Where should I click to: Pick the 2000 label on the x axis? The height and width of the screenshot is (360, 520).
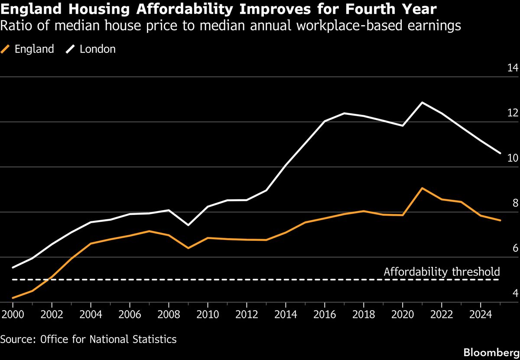pyautogui.click(x=13, y=314)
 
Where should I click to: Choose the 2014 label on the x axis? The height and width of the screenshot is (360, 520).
pyautogui.click(x=285, y=314)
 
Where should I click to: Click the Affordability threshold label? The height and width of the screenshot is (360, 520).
pyautogui.click(x=442, y=272)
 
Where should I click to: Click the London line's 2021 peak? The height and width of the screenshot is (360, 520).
pyautogui.click(x=422, y=103)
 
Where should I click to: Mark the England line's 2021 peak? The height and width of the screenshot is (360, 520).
pyautogui.click(x=422, y=188)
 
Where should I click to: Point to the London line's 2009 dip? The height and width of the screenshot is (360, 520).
pyautogui.click(x=188, y=225)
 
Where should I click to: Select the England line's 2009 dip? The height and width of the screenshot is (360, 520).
pyautogui.click(x=188, y=248)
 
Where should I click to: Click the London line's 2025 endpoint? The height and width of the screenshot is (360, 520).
pyautogui.click(x=500, y=153)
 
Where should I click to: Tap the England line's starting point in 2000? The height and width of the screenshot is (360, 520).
pyautogui.click(x=13, y=298)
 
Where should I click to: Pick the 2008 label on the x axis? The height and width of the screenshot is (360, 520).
pyautogui.click(x=168, y=314)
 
